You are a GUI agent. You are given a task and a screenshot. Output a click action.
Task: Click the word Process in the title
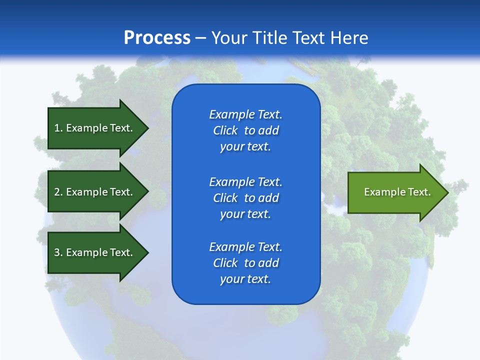click(x=157, y=38)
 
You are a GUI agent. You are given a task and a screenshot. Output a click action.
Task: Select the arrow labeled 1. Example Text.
click(x=95, y=128)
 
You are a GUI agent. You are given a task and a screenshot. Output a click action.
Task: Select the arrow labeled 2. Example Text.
click(x=95, y=192)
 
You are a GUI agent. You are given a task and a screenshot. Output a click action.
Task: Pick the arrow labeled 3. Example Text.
click(x=95, y=252)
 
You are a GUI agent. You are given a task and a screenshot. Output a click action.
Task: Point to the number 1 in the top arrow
click(x=57, y=128)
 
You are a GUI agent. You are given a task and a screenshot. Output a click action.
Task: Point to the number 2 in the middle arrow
click(x=57, y=192)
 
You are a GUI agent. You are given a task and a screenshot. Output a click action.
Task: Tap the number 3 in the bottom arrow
click(x=57, y=252)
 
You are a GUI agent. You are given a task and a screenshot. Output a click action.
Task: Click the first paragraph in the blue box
click(x=245, y=130)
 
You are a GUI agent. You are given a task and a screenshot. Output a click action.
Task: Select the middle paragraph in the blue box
click(x=245, y=198)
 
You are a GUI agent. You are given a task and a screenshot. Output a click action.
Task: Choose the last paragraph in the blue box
click(x=245, y=263)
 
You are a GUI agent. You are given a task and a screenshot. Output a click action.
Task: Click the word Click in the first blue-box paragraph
click(x=225, y=130)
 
